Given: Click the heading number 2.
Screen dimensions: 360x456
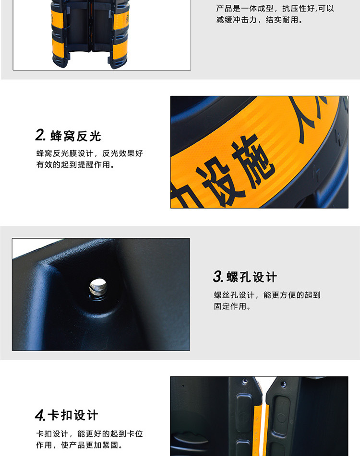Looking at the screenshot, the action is tap(40, 135).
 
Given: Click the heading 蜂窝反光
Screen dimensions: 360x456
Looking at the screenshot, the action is tap(76, 136).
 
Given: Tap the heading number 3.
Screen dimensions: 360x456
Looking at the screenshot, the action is tap(218, 276).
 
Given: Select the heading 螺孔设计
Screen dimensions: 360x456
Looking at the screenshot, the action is tap(252, 277).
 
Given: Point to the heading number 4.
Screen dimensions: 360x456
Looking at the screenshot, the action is tap(40, 415).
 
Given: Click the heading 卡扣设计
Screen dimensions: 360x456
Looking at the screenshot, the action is tap(73, 415).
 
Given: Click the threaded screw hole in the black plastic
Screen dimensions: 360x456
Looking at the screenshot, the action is tap(98, 287).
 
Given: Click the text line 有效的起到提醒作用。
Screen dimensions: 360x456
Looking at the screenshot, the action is tap(75, 165).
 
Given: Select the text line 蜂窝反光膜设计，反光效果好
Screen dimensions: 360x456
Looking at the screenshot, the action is tap(90, 153).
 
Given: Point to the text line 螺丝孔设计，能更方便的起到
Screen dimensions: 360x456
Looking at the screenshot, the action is tap(267, 295).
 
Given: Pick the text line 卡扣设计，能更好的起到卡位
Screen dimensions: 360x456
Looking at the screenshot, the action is tap(90, 434).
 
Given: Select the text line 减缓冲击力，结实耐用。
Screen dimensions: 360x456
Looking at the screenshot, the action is tap(260, 20).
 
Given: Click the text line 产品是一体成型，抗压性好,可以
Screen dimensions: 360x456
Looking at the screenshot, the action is tap(275, 9).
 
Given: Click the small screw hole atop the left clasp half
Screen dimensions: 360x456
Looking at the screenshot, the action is tap(245, 381).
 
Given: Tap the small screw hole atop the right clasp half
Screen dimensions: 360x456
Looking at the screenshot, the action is tap(283, 385).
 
